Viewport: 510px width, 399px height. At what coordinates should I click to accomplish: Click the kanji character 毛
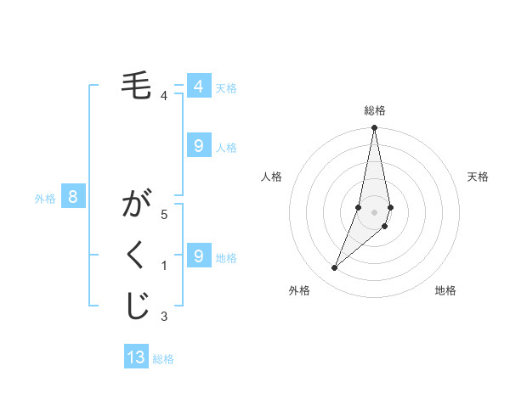click(137, 87)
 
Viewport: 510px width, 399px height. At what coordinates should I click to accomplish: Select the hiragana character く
click(137, 257)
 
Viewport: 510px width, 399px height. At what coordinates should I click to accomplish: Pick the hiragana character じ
click(137, 306)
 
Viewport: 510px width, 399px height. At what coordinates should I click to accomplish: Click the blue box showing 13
click(136, 357)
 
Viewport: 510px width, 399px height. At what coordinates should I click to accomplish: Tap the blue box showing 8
click(73, 198)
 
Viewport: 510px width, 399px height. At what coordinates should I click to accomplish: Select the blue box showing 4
click(198, 87)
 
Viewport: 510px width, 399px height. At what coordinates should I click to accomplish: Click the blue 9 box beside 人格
click(198, 146)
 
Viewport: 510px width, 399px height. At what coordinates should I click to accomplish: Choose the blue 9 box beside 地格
click(198, 256)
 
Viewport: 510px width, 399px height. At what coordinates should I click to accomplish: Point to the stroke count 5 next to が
click(164, 215)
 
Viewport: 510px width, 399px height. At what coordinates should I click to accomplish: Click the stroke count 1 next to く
click(164, 267)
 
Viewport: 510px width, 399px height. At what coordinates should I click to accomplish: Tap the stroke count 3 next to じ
click(164, 317)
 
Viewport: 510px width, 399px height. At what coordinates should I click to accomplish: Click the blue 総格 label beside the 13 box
click(163, 359)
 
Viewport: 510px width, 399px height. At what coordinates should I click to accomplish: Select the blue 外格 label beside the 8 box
click(45, 199)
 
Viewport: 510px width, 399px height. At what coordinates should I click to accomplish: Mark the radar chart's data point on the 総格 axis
click(374, 128)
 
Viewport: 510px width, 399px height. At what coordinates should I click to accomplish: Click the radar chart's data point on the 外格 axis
click(335, 268)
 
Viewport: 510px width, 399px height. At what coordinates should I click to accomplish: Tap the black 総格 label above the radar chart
click(374, 110)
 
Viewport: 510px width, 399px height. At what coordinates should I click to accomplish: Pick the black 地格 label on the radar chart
click(445, 290)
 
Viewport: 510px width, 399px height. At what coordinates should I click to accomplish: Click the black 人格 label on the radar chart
click(272, 177)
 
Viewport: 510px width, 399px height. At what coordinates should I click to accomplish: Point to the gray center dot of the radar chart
click(374, 211)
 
